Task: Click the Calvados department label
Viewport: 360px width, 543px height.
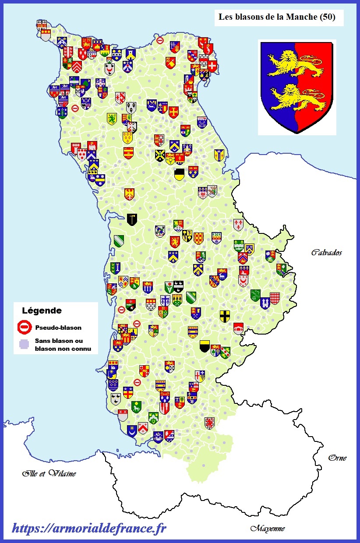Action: tap(326, 252)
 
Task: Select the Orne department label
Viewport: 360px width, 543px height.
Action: tap(337, 458)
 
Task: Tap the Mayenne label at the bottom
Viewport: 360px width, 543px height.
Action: tap(267, 528)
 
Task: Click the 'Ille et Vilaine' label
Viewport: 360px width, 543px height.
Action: tap(49, 473)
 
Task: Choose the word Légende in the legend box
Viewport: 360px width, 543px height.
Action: tap(42, 311)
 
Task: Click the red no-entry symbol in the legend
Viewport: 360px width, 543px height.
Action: tap(25, 327)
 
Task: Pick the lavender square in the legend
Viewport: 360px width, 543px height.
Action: tap(25, 344)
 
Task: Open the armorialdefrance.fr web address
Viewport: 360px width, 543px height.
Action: tap(89, 529)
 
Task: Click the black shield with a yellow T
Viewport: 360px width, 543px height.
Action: tap(131, 219)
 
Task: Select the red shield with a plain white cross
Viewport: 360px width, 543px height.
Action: tap(213, 66)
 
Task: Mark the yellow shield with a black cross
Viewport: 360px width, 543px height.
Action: tap(225, 315)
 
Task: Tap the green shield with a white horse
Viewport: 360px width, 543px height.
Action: tap(136, 406)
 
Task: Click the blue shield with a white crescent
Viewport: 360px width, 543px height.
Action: tap(132, 431)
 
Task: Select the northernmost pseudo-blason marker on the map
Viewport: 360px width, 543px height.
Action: tap(160, 41)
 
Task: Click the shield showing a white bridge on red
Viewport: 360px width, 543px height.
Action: tap(238, 328)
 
